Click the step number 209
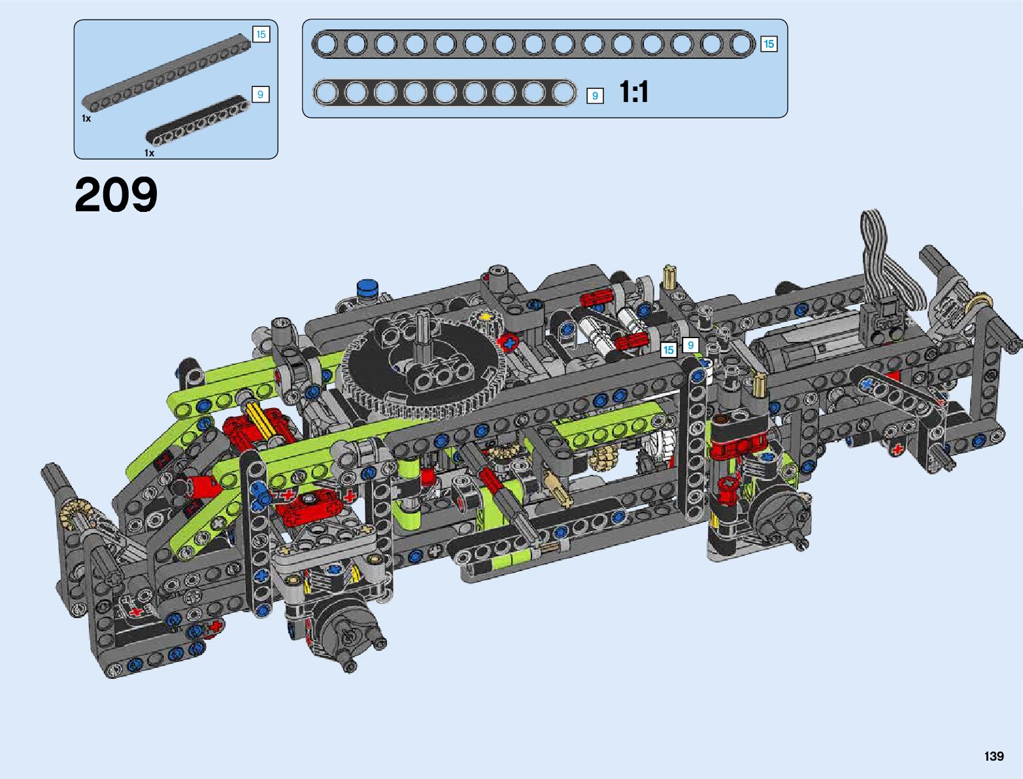click(x=116, y=194)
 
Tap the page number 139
click(x=994, y=755)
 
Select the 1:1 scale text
click(x=634, y=92)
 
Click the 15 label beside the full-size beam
click(x=769, y=44)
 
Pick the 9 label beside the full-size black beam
click(x=595, y=96)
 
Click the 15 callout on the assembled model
click(x=668, y=350)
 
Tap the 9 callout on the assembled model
click(x=690, y=345)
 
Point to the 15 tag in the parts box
click(x=261, y=35)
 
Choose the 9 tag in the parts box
click(x=261, y=95)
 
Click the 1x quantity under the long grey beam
click(x=86, y=118)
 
